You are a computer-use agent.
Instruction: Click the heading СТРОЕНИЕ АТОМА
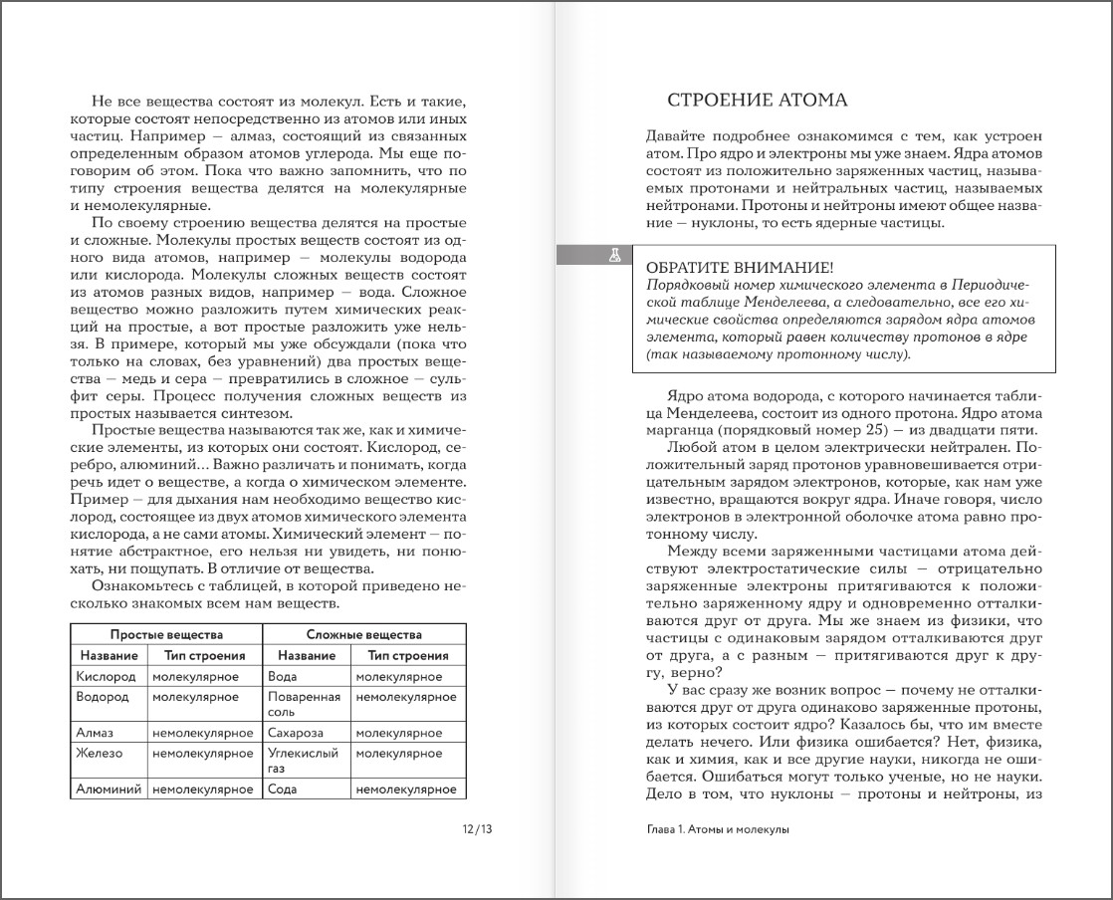pos(756,101)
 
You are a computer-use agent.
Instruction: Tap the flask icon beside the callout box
pos(614,256)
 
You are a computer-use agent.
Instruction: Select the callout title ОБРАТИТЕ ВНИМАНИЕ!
pos(740,269)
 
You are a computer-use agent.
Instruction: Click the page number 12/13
pos(477,829)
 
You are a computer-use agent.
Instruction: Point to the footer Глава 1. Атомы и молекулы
pos(717,829)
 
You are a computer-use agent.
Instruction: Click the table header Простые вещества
pos(166,634)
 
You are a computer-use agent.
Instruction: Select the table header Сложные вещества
pos(363,634)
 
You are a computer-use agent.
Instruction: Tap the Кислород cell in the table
pos(105,676)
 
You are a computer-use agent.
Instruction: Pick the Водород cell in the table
pos(103,697)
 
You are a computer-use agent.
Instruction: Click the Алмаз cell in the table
pos(95,733)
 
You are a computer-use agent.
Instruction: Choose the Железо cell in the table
pos(100,754)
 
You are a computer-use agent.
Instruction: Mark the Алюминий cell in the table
pos(109,789)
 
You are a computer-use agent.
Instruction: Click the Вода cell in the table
pos(283,676)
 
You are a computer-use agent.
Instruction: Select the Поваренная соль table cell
pos(304,705)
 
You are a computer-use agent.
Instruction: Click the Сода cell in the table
pos(283,789)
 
